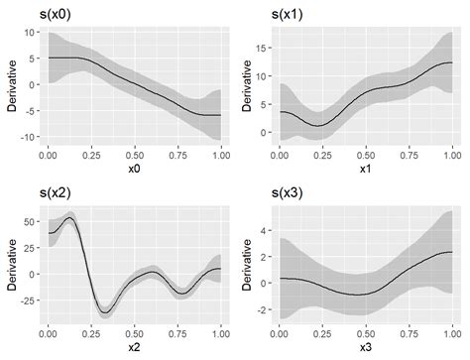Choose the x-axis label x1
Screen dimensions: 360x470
366,170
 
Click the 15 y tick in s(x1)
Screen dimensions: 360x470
264,46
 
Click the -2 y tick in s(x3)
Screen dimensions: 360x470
264,309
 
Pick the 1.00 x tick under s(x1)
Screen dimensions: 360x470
452,155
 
